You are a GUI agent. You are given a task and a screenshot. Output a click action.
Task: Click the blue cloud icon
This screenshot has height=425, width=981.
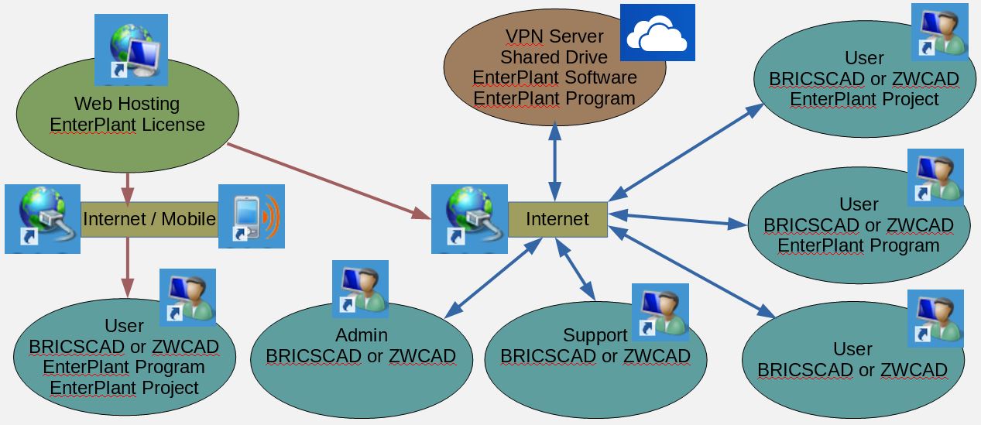coord(657,33)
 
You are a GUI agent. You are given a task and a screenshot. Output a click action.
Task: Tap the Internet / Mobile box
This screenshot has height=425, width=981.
coord(149,219)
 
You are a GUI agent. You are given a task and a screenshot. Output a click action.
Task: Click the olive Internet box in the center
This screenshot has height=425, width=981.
coord(557,219)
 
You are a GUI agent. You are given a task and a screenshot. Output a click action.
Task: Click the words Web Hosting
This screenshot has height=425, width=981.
coord(127,104)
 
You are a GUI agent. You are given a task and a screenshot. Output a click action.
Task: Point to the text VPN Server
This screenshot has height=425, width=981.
coord(554,36)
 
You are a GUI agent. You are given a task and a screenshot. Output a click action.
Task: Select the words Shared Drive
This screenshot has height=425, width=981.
coord(554,57)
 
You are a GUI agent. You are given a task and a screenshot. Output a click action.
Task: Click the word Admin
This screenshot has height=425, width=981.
coord(362,336)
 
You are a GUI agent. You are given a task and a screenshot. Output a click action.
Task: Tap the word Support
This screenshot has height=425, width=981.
coord(595,335)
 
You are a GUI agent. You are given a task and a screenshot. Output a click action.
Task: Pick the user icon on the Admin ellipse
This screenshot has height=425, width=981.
coord(360,287)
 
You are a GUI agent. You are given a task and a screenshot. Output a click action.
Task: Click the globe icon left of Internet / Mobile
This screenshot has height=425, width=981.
coord(43,218)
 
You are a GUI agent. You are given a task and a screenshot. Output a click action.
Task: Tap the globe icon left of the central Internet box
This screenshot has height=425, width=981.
coord(469,218)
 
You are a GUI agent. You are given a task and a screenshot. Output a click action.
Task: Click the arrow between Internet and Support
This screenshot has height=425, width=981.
coord(577,267)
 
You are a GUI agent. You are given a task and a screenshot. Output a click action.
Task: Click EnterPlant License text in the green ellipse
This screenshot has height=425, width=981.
coord(127,125)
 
